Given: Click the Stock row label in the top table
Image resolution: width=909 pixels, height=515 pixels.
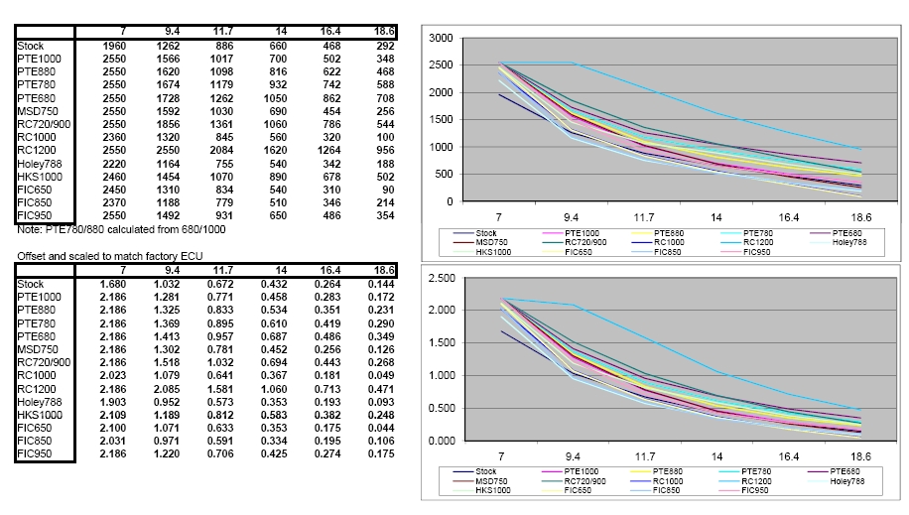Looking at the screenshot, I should pos(31,45).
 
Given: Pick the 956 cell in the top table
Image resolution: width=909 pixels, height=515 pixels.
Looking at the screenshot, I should pos(381,149).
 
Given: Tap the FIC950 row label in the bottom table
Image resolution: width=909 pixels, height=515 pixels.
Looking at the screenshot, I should pos(36,453).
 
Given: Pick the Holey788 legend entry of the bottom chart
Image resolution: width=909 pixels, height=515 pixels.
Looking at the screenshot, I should pos(846,481).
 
